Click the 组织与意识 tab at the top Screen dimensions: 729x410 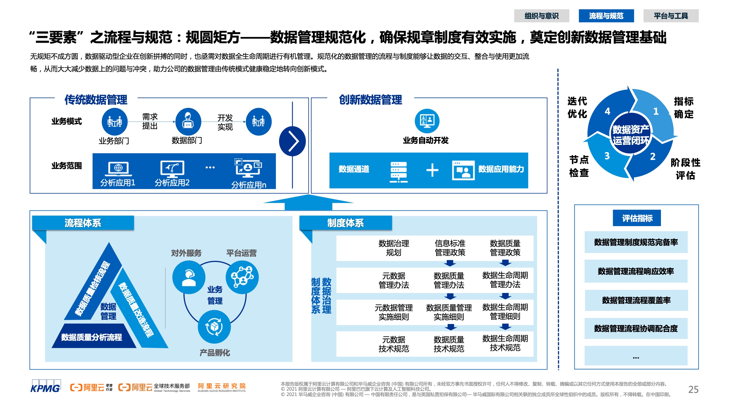[x=541, y=16]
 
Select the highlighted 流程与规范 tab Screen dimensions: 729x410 [x=606, y=16]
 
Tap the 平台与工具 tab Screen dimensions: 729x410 [x=671, y=16]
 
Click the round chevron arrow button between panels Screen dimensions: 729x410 [x=292, y=141]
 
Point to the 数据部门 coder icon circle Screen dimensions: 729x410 [x=188, y=122]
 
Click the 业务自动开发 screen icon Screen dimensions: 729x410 [x=427, y=121]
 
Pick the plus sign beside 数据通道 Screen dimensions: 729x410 [x=432, y=170]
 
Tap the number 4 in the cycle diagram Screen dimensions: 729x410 [x=607, y=111]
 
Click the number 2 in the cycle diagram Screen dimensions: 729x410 [x=653, y=156]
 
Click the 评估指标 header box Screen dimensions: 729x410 [x=637, y=218]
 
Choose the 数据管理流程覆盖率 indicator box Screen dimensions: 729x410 [x=636, y=300]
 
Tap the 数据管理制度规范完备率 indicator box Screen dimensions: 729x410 [x=636, y=242]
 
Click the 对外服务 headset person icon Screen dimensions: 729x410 [x=189, y=277]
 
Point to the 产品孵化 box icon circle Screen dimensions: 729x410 [x=214, y=327]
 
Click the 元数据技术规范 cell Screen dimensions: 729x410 [x=394, y=344]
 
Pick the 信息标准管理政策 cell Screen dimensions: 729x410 [x=450, y=248]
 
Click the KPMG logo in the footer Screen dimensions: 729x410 [x=46, y=386]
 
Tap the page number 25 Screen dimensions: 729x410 [x=693, y=389]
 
